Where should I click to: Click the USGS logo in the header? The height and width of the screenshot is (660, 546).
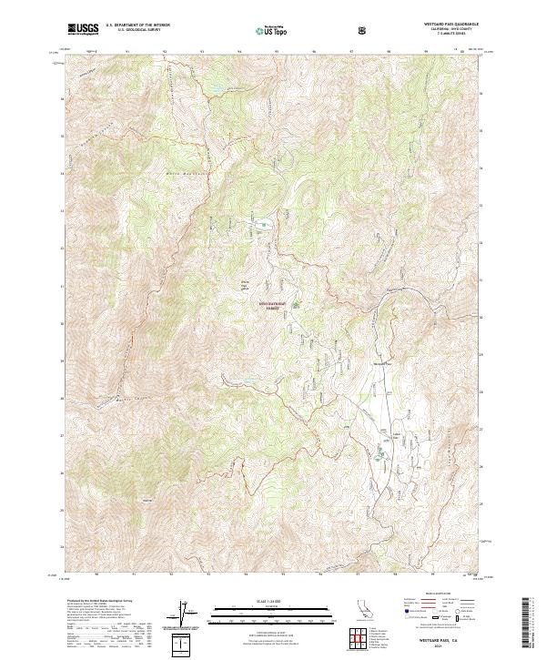tap(84, 29)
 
